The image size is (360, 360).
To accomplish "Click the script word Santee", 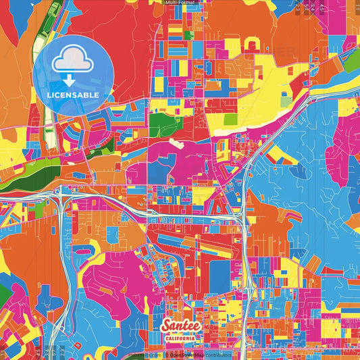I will (x=180, y=325).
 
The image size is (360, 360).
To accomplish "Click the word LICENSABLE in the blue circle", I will (x=73, y=95).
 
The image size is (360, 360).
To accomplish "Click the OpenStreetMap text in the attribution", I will (x=187, y=354).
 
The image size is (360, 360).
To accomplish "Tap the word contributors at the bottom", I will (x=218, y=354).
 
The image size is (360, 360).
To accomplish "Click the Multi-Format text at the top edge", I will (x=180, y=3).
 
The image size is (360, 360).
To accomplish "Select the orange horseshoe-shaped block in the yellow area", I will (x=253, y=45).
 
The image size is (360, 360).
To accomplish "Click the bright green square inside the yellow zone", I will (x=230, y=120).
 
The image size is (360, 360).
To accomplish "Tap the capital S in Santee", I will (x=166, y=326).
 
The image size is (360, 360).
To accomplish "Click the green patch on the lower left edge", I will (x=3, y=294).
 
